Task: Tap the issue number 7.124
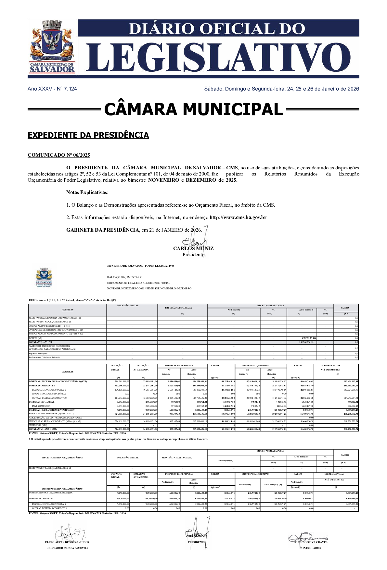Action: [x=70, y=89]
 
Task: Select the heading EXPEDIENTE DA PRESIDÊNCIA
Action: [x=88, y=135]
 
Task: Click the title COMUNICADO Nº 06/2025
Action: [x=59, y=155]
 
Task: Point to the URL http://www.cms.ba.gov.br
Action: [x=238, y=217]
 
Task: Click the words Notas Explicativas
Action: [x=87, y=192]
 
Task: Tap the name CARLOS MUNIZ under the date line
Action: [x=193, y=249]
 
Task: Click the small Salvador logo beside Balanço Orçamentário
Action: [x=44, y=278]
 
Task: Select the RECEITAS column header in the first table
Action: [x=67, y=310]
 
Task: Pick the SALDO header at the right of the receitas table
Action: [x=345, y=308]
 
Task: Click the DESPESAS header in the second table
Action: [x=67, y=372]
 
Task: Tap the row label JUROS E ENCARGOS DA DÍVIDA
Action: [x=49, y=394]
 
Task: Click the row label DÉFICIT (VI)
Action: [x=35, y=338]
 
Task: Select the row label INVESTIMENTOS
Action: [x=41, y=406]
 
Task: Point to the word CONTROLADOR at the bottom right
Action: [x=310, y=548]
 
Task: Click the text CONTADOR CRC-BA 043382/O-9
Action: [x=68, y=548]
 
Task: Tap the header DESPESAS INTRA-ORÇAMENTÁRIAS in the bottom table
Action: [x=62, y=489]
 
